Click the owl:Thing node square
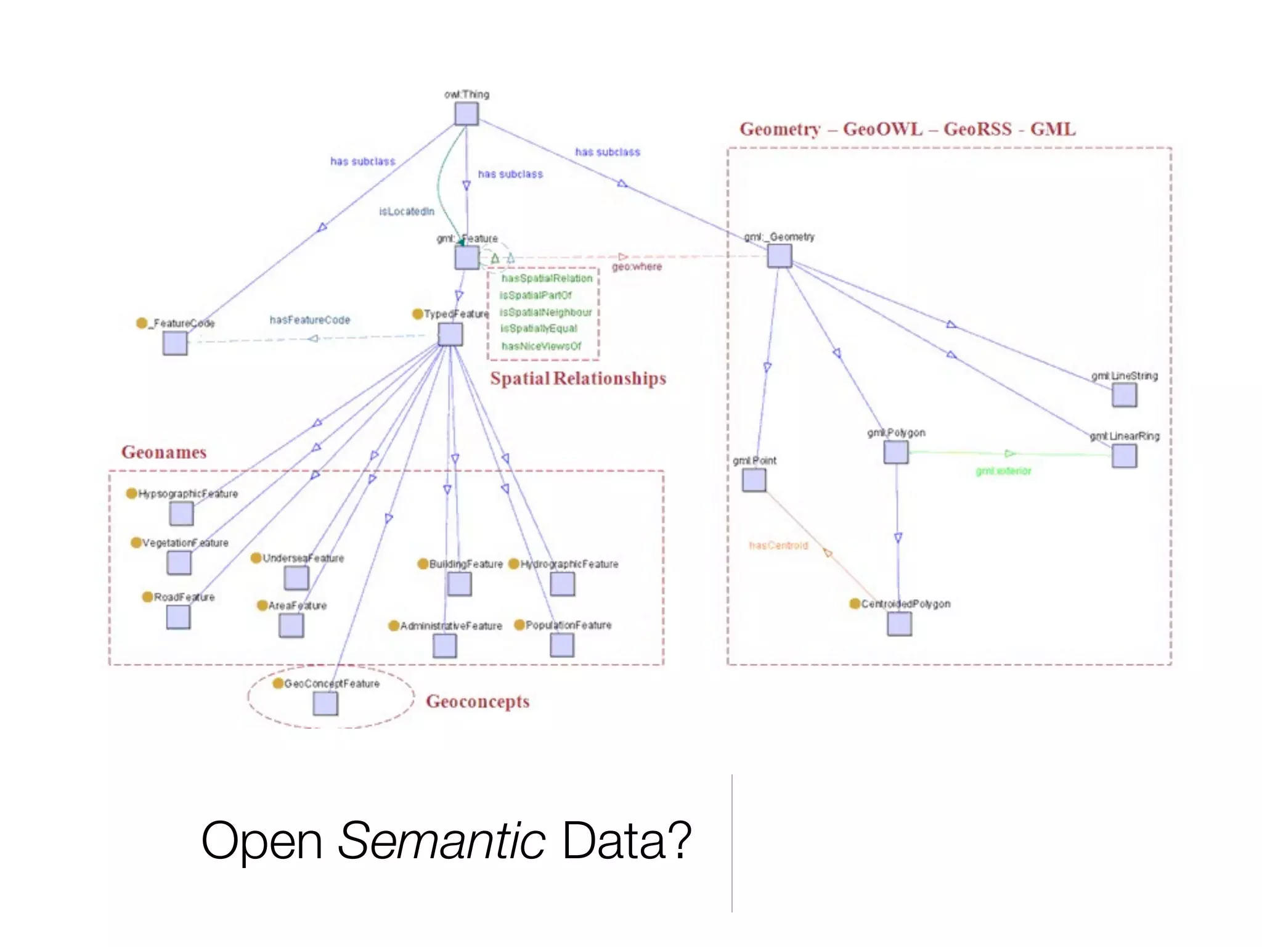[x=466, y=114]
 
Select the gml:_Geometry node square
[x=780, y=255]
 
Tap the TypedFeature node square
[x=450, y=334]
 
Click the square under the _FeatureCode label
[x=175, y=343]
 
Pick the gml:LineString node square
[x=1124, y=395]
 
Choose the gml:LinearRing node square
[x=1124, y=456]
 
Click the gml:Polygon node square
[x=895, y=453]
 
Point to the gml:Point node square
[x=754, y=480]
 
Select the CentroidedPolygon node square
[x=899, y=624]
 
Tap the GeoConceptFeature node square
[x=325, y=703]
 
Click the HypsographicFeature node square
[x=181, y=514]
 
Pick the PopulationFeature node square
[x=561, y=645]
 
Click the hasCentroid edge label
[x=778, y=546]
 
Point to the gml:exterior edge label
[x=1003, y=471]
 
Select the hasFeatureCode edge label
[x=309, y=320]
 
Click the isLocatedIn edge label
[x=406, y=211]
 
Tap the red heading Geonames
[x=164, y=452]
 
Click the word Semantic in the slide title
[x=441, y=841]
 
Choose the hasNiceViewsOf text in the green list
[x=541, y=346]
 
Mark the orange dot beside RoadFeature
[x=147, y=597]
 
